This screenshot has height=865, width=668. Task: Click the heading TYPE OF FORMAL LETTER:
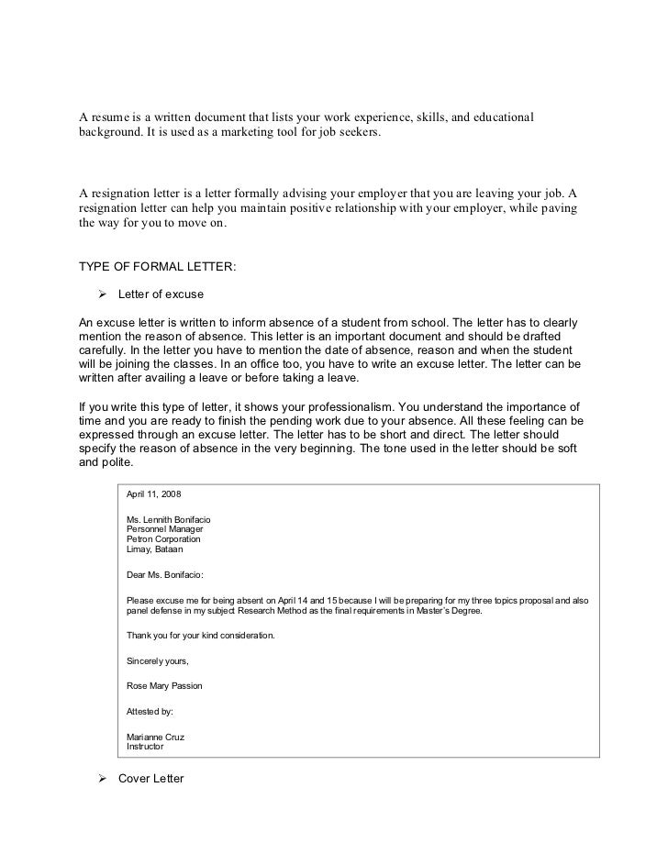(x=157, y=267)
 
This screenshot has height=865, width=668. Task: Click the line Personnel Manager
(x=164, y=529)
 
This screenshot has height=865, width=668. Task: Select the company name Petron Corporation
(x=163, y=539)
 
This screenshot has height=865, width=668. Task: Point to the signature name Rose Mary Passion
(x=164, y=685)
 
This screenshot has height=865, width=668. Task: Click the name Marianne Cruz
(x=155, y=737)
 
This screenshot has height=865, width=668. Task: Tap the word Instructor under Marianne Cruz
(x=145, y=747)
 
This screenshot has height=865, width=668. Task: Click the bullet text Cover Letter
(x=151, y=779)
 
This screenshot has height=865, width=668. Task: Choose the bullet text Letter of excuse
(x=161, y=295)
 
